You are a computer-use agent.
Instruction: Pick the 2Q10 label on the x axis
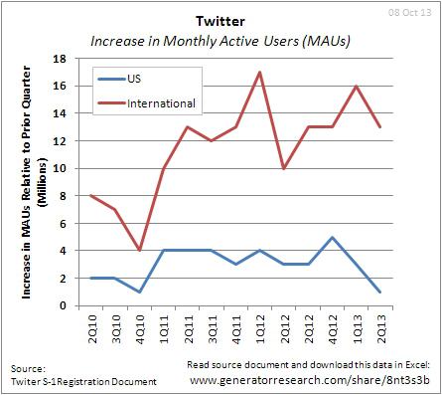[92, 326]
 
